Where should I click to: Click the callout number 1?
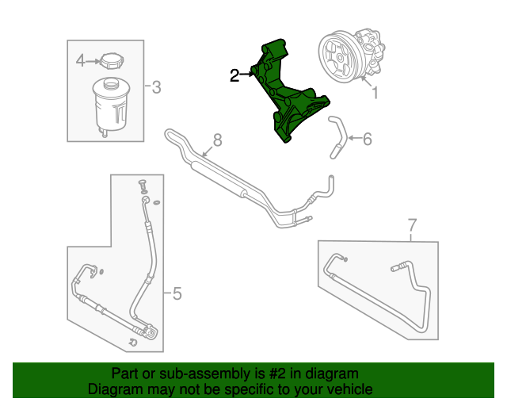point(375,93)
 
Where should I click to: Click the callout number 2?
point(234,75)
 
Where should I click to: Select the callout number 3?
point(156,86)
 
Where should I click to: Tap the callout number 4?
point(80,60)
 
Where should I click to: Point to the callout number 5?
point(177,294)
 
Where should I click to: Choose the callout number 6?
point(366,140)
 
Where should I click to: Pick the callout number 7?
point(412,224)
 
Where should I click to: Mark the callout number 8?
point(217,140)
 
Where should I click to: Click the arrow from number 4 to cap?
point(91,61)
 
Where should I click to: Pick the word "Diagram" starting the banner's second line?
point(115,389)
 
